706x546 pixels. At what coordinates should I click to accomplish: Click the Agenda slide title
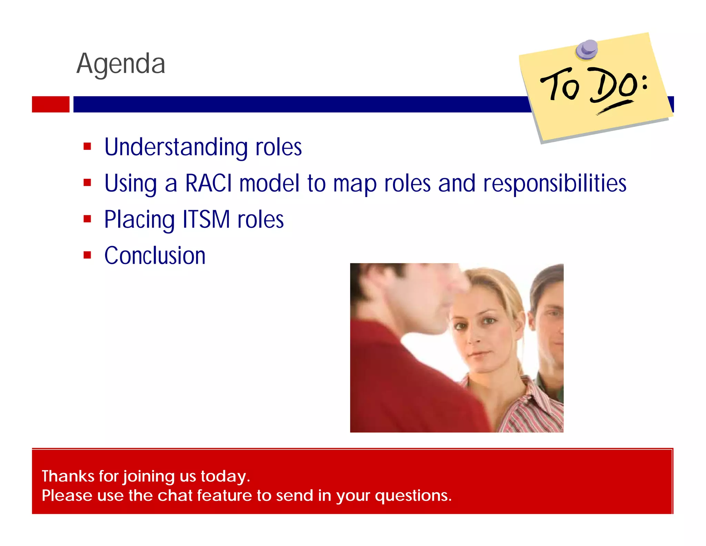[x=121, y=64]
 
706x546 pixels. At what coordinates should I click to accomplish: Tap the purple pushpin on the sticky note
[x=587, y=49]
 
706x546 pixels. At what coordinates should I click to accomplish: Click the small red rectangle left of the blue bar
[x=51, y=104]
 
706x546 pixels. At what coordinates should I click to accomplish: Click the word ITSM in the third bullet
[x=206, y=220]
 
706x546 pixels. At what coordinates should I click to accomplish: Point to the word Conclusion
[x=155, y=256]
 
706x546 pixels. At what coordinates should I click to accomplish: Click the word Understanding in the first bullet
[x=176, y=147]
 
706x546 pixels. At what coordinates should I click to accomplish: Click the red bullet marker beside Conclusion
[x=87, y=255]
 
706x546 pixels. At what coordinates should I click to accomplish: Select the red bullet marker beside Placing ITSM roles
[x=87, y=219]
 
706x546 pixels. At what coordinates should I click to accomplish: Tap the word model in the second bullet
[x=269, y=183]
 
